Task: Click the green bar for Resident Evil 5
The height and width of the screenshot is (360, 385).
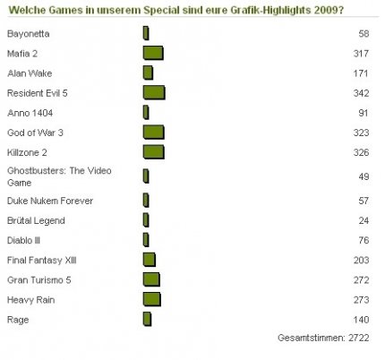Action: tap(154, 92)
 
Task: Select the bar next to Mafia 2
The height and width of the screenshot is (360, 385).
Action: tap(153, 53)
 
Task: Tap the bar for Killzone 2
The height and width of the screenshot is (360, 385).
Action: tap(154, 152)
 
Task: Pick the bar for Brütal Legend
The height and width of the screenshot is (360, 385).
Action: tap(146, 220)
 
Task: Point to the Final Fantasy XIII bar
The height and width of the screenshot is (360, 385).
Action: tap(150, 260)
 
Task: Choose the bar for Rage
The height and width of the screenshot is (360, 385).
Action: tap(147, 319)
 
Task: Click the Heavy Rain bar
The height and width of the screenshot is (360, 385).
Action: tap(152, 299)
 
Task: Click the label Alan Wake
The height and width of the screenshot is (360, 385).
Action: tap(30, 73)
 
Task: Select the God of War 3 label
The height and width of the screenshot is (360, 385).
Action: tap(35, 133)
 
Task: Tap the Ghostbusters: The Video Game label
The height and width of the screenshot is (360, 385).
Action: tap(59, 176)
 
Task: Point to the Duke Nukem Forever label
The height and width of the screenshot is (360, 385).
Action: tap(50, 201)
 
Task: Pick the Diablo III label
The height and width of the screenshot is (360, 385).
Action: tap(23, 240)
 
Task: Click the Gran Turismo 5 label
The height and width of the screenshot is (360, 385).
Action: tap(39, 280)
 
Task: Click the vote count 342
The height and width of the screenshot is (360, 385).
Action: tap(361, 93)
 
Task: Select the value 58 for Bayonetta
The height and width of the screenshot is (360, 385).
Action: tap(364, 33)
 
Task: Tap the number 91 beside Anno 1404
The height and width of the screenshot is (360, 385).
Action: tap(364, 113)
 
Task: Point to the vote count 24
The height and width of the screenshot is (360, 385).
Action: tap(364, 220)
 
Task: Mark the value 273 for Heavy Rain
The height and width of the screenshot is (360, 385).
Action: tap(361, 300)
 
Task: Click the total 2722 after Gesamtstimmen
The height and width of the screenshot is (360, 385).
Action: tap(359, 338)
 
